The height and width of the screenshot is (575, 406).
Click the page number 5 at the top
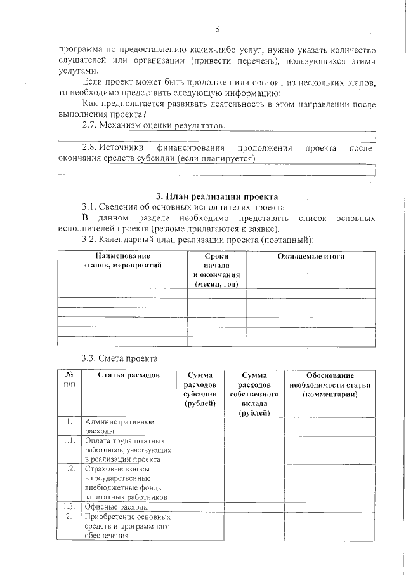tap(218, 29)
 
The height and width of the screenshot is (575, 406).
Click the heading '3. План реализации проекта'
tap(217, 196)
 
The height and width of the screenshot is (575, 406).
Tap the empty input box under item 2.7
tap(217, 137)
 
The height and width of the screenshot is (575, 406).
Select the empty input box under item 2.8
tap(217, 170)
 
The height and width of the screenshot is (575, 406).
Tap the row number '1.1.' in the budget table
tap(69, 440)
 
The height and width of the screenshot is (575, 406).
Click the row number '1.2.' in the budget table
tap(69, 468)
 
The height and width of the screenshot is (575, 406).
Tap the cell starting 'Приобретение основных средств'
tap(126, 526)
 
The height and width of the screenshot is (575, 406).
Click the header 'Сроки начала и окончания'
tap(216, 270)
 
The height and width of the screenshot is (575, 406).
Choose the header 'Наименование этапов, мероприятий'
tap(122, 260)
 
